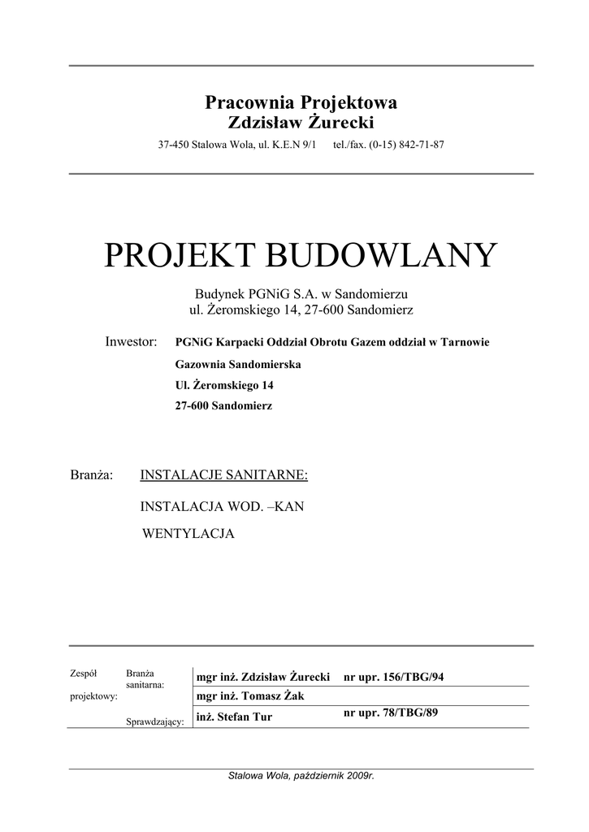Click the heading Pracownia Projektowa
click(x=301, y=103)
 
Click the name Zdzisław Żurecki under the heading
click(x=301, y=123)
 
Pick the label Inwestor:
click(x=131, y=342)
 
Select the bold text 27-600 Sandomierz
click(x=224, y=405)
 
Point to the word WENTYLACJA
click(x=188, y=535)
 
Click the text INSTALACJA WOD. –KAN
click(x=222, y=506)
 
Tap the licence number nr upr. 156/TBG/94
click(x=395, y=677)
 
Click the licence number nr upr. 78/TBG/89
click(x=392, y=713)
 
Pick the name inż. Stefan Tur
click(x=234, y=717)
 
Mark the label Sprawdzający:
click(x=154, y=721)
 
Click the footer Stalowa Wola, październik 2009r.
click(x=301, y=776)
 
